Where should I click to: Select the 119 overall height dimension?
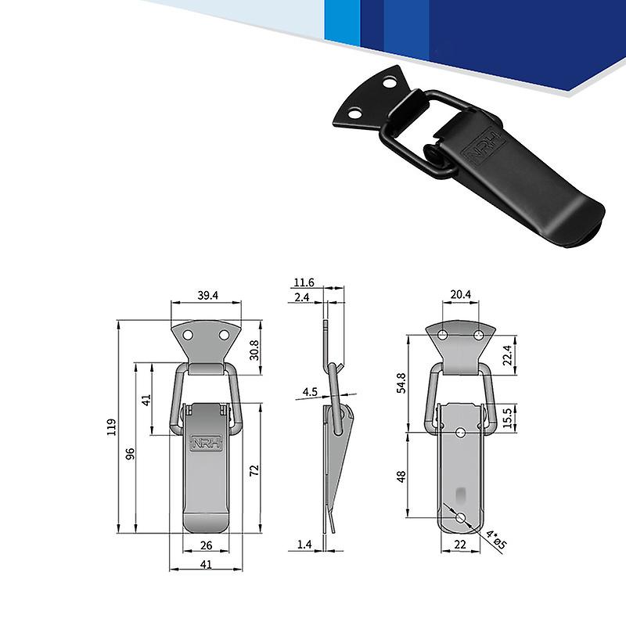click(111, 426)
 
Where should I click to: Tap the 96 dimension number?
click(131, 453)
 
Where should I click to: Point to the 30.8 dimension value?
click(254, 348)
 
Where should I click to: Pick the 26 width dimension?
click(205, 545)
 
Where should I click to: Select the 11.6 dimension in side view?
click(304, 282)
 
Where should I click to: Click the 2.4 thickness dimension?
click(304, 297)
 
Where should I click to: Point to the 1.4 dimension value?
click(304, 544)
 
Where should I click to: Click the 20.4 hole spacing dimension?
click(460, 295)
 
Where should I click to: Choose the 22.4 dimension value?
click(507, 355)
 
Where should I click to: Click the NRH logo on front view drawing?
click(207, 441)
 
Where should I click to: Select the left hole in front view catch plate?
click(189, 335)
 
